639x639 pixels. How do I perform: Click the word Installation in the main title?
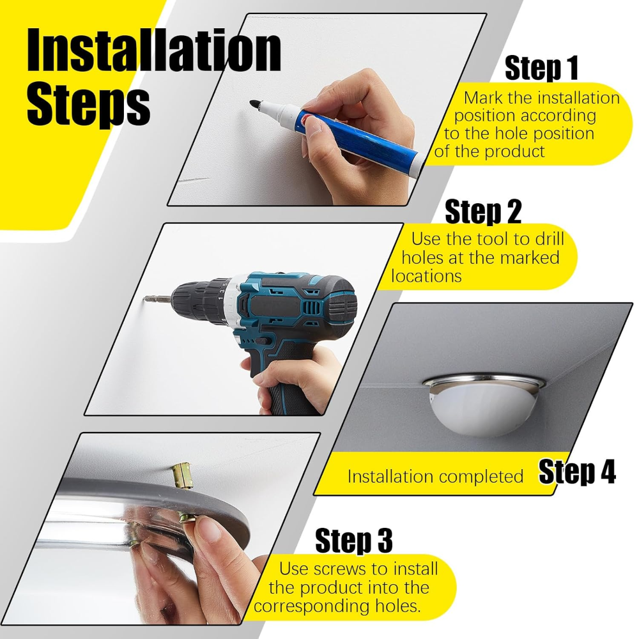(153, 51)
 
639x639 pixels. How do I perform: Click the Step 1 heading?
(542, 68)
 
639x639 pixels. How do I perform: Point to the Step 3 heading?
(354, 541)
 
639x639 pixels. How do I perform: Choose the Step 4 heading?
(577, 472)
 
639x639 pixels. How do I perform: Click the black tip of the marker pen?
(254, 104)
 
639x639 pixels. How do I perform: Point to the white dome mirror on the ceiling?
(484, 406)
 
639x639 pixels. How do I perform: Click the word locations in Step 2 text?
(426, 276)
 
